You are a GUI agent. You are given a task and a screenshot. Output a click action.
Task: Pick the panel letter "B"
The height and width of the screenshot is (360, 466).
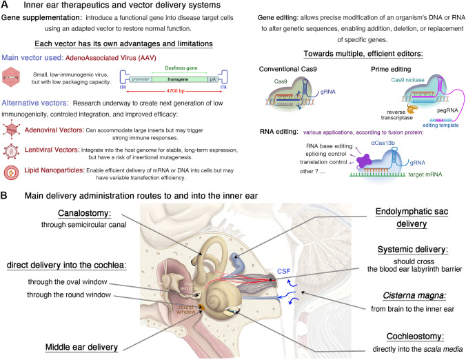point(6,197)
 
